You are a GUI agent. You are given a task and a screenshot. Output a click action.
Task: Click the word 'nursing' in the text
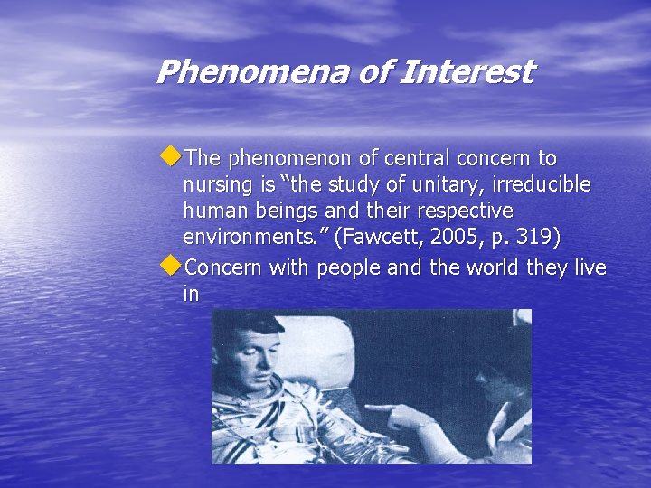213,185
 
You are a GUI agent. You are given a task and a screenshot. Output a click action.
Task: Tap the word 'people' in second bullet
335,267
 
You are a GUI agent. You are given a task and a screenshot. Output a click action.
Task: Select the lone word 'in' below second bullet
191,295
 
